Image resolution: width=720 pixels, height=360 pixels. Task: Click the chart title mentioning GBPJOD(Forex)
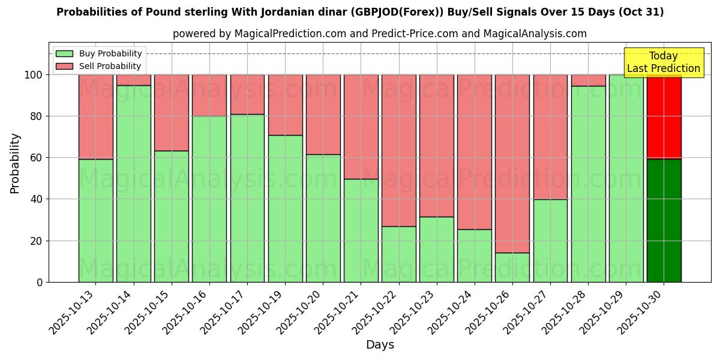360,12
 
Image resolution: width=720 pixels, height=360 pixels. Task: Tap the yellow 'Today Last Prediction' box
663,62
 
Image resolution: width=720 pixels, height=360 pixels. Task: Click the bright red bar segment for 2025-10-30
664,117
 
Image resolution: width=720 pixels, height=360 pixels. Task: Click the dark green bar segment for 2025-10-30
664,220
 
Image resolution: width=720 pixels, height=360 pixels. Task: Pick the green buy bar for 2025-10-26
512,267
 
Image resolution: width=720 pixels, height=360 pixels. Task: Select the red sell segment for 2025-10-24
475,152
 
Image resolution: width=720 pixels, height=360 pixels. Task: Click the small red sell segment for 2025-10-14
134,80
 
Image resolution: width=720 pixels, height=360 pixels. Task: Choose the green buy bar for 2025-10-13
96,220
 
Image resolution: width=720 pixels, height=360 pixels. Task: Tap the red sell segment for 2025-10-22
399,150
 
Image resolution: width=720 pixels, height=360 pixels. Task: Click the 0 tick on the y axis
40,282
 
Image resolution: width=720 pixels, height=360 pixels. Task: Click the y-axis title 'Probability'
15,163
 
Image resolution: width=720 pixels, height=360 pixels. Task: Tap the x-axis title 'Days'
380,345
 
